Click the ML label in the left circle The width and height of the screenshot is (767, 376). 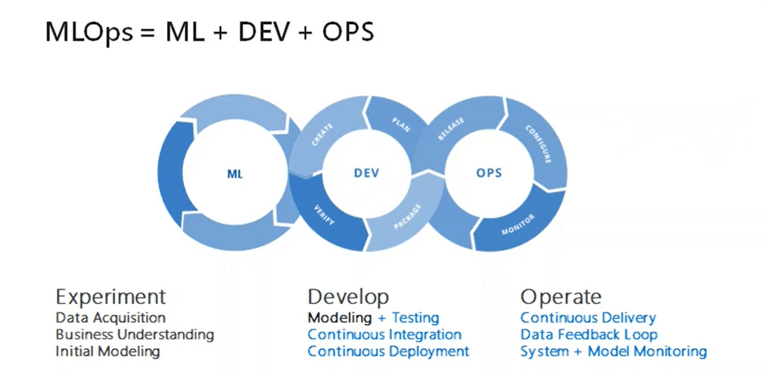(x=235, y=174)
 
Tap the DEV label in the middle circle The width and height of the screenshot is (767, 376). (x=366, y=173)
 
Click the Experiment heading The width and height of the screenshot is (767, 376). (x=110, y=296)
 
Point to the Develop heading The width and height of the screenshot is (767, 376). (x=348, y=297)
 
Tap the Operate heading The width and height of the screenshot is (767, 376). (x=560, y=296)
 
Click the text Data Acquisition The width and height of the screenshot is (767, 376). (x=110, y=318)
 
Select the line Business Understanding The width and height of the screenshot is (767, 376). (x=135, y=335)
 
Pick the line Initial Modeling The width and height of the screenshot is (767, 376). (x=107, y=351)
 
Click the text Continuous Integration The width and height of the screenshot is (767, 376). (x=384, y=335)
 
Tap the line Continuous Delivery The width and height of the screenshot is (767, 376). (x=588, y=318)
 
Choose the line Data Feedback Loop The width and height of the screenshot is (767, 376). (x=589, y=335)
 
